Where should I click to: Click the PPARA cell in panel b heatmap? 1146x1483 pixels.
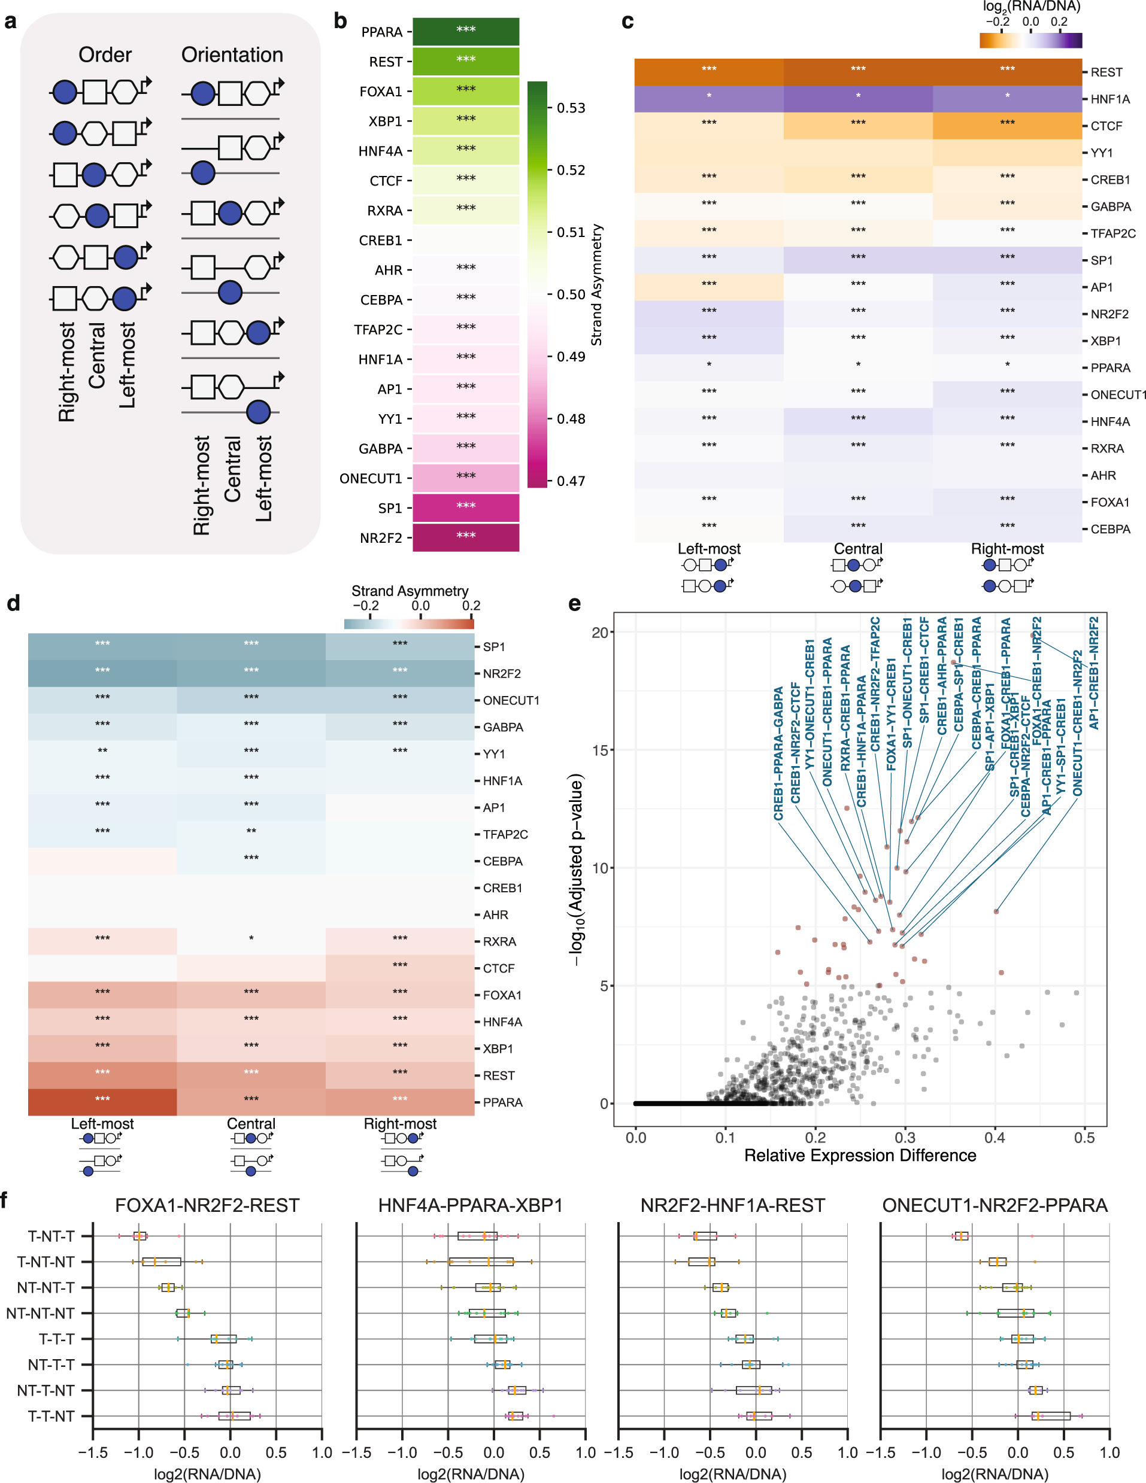[465, 31]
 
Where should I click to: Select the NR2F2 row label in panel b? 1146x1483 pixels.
[380, 539]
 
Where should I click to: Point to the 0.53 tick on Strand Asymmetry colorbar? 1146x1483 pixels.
[571, 108]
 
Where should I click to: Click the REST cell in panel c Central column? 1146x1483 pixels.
[857, 71]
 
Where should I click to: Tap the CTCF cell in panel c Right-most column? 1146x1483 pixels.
[1006, 126]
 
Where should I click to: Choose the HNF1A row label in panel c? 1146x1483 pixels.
[1110, 99]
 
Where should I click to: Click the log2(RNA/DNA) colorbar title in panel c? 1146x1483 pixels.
[1030, 7]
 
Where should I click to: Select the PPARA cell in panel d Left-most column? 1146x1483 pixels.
[102, 1102]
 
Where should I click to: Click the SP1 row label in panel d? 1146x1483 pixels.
[494, 647]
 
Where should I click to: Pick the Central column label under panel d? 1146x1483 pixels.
[251, 1124]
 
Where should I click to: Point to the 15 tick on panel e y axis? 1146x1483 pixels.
[599, 750]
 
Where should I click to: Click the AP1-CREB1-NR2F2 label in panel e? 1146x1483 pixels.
[1094, 672]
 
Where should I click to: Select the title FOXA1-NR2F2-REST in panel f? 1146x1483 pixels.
[207, 1205]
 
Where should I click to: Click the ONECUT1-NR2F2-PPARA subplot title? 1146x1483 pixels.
[995, 1205]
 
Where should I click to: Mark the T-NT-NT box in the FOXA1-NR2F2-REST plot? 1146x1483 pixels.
[162, 1262]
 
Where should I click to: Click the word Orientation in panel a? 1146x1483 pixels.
[232, 55]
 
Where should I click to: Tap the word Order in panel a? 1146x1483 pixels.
[105, 55]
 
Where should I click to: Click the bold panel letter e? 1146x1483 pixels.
[575, 604]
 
